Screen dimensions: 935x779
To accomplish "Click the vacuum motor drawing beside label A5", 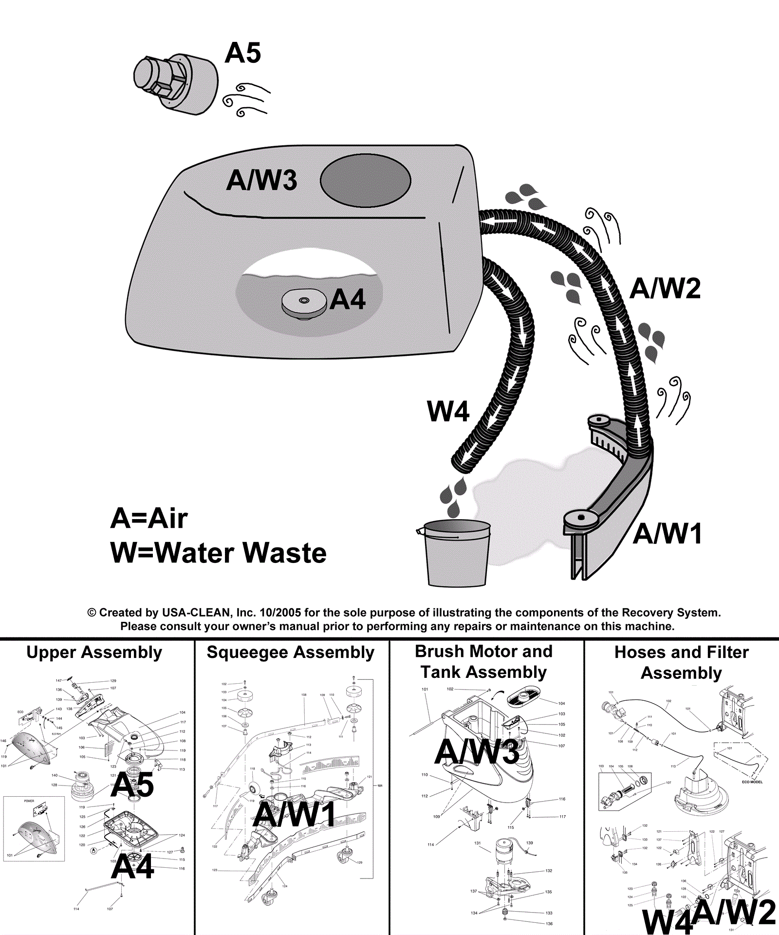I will click(175, 84).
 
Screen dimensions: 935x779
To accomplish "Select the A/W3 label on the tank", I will click(261, 180).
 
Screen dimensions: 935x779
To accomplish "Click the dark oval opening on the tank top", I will click(365, 180).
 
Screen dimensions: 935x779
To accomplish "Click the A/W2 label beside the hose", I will click(665, 288).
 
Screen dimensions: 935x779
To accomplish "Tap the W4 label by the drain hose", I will click(448, 411).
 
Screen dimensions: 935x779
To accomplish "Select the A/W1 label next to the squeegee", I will click(668, 533).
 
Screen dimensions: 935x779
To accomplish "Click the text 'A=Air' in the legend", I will click(149, 518).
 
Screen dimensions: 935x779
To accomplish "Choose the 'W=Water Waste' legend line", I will click(218, 553).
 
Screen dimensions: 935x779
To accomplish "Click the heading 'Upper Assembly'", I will click(94, 652).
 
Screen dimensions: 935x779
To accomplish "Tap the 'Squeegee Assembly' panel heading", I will click(291, 652).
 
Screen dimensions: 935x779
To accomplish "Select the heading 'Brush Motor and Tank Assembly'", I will click(483, 661).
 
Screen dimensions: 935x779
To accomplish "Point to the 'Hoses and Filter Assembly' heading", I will click(681, 662).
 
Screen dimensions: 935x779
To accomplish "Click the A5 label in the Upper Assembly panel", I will click(132, 785).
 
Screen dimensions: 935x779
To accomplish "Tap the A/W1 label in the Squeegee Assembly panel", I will click(295, 814).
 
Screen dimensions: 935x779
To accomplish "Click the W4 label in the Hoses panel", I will click(667, 920).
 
